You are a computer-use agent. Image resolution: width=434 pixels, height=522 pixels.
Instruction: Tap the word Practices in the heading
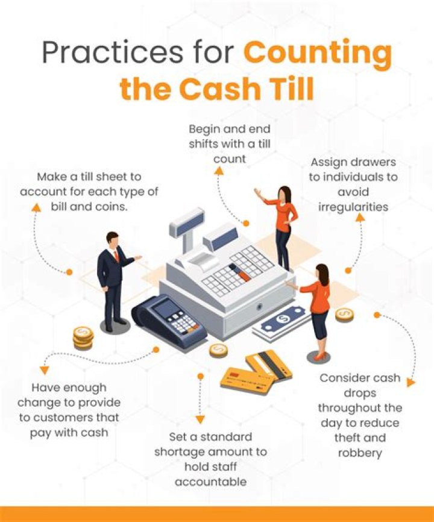pos(112,52)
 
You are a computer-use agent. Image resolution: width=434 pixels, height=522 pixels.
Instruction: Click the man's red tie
pos(116,256)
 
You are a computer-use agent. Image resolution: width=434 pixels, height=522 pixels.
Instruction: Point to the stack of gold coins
pos(83,338)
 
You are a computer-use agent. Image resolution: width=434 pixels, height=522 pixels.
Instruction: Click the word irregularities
pos(353,207)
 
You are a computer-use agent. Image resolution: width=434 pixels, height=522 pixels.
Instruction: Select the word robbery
pos(360,453)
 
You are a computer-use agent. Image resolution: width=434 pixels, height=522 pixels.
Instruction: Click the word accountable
pos(211,482)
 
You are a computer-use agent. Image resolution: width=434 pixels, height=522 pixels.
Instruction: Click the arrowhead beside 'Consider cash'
pos(411,383)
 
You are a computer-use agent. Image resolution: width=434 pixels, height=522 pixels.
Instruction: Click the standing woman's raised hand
pos(257,193)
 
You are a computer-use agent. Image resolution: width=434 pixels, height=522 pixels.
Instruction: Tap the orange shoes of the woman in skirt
pos(319,357)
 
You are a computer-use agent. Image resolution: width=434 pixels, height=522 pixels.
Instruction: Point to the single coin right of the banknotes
pos(344,315)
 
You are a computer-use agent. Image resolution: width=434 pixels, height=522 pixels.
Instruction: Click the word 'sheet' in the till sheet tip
pos(110,177)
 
